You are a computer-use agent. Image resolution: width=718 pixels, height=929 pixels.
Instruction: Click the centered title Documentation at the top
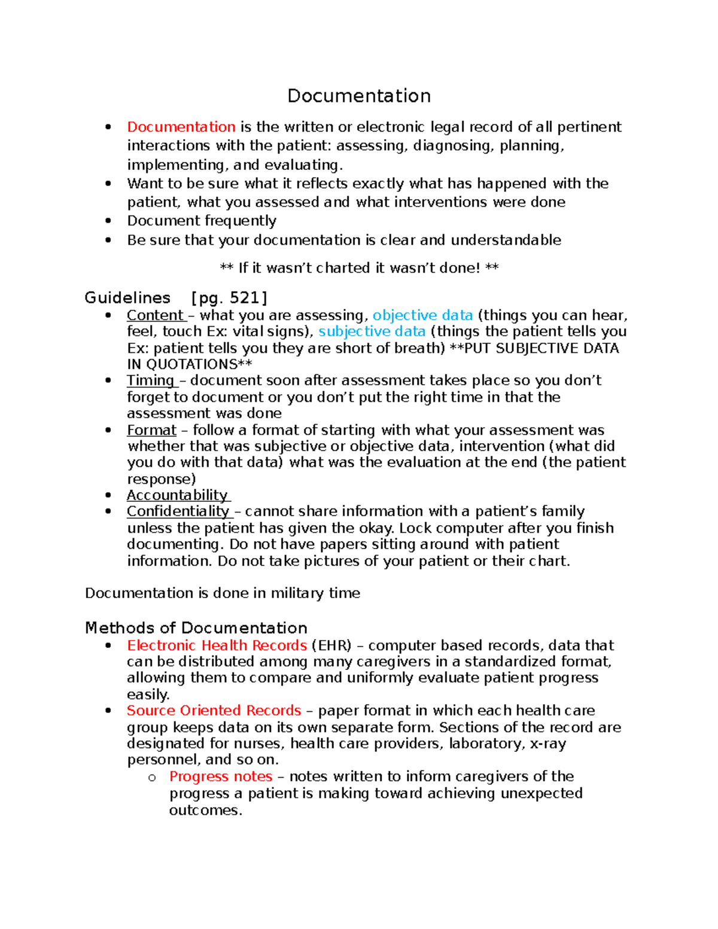point(359,96)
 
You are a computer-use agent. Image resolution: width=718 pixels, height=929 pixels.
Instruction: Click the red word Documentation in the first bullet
point(181,127)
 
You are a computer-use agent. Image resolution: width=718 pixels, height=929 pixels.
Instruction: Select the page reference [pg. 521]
point(229,297)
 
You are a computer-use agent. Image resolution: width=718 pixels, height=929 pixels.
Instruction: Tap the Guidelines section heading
point(127,297)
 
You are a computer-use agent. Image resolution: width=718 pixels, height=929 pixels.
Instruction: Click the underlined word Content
point(155,315)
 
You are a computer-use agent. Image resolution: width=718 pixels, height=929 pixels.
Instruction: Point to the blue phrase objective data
point(422,315)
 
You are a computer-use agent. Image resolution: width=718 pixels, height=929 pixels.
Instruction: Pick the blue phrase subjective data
point(372,331)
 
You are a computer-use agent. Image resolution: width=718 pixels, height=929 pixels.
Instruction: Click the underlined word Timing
point(150,380)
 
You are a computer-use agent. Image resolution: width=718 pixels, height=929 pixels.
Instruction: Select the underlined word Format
point(151,430)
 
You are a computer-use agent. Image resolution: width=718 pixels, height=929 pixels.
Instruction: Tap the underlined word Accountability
point(177,495)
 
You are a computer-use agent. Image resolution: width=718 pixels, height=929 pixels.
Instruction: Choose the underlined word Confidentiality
point(178,511)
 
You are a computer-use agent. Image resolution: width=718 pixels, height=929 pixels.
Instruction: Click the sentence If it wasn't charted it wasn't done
point(359,268)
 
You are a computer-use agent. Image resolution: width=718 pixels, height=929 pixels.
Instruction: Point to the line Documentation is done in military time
point(223,593)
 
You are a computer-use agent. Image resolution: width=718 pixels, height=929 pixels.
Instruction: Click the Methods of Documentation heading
point(196,628)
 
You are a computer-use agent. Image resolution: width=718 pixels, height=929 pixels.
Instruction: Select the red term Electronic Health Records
point(217,645)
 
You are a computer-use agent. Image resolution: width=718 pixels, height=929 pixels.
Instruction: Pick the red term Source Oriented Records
point(214,711)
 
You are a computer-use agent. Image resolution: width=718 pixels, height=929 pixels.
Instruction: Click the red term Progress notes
point(221,776)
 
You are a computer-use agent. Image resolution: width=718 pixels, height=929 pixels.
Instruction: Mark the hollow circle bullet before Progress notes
point(152,778)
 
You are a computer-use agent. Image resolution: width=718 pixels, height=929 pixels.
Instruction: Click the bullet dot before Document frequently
point(108,221)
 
